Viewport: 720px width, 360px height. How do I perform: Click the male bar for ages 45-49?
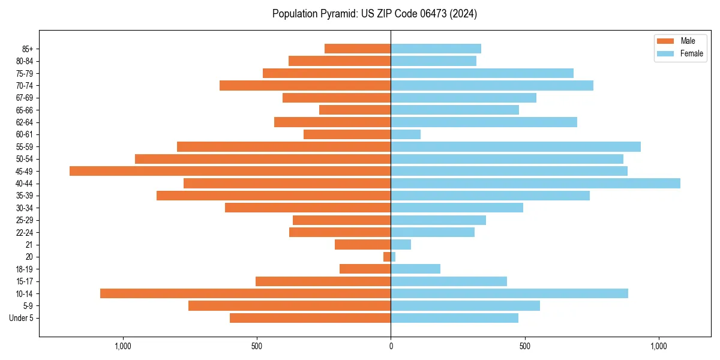click(230, 171)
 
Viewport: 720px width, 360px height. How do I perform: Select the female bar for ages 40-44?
click(535, 183)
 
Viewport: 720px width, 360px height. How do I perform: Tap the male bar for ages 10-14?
click(245, 293)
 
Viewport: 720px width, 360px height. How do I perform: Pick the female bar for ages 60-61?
click(406, 134)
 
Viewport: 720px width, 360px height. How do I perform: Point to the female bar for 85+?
click(436, 49)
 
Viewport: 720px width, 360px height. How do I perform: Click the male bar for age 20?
click(387, 257)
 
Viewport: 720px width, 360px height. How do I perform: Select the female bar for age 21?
click(401, 244)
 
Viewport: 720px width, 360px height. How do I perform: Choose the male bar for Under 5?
click(310, 318)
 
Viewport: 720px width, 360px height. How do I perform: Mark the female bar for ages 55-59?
click(515, 146)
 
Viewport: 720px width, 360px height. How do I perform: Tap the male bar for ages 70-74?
click(305, 85)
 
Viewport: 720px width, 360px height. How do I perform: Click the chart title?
click(374, 14)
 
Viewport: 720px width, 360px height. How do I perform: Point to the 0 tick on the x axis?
click(391, 346)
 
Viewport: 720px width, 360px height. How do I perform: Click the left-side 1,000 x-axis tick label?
click(122, 346)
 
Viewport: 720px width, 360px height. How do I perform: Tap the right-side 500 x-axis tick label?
click(524, 346)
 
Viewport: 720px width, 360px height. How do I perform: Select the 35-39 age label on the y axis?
click(24, 196)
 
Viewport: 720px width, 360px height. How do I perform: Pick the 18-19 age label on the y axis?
click(24, 269)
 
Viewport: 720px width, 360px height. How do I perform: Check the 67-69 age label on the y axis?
click(24, 98)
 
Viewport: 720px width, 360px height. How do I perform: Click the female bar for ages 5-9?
click(465, 305)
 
